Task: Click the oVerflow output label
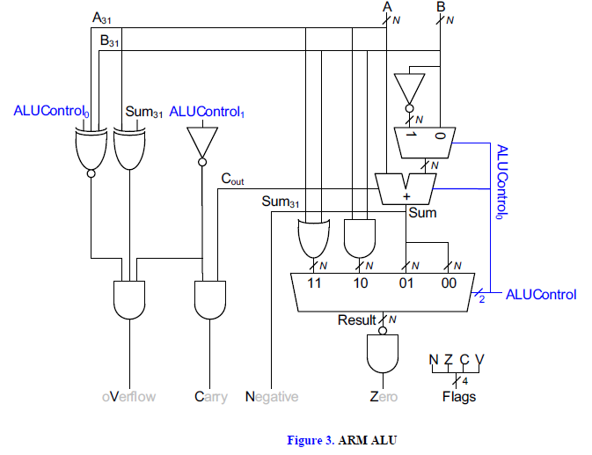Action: [129, 397]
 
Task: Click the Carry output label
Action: [210, 397]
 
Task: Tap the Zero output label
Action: [384, 397]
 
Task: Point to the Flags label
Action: [458, 397]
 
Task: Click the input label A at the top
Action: [387, 7]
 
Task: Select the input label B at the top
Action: [440, 7]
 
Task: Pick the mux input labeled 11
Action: [314, 283]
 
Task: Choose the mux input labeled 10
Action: [361, 283]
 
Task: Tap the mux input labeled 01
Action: [406, 283]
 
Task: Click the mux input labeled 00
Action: [450, 283]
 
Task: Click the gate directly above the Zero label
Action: [383, 354]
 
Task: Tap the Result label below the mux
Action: [356, 320]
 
